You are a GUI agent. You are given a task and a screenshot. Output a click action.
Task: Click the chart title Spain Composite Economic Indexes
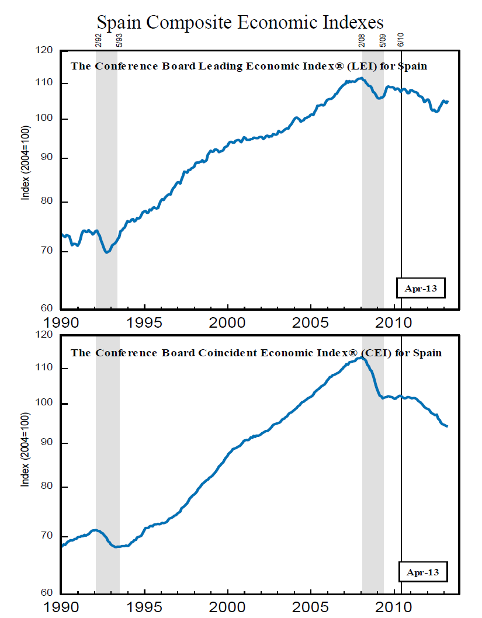pos(240,22)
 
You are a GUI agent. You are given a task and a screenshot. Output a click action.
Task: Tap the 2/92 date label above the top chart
pos(98,41)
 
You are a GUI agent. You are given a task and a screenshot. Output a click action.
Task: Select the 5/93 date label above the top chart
pos(119,41)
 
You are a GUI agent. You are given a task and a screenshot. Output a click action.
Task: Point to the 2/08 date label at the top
pos(362,41)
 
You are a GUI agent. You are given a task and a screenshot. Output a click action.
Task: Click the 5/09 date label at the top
pos(383,41)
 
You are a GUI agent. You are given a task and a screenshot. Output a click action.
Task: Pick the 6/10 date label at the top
pos(401,41)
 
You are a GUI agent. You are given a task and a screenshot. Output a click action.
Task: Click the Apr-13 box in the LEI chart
pos(421,288)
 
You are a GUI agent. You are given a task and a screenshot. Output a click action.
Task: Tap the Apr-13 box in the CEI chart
pos(422,572)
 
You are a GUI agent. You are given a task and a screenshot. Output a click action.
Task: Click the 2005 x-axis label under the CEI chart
pos(311,607)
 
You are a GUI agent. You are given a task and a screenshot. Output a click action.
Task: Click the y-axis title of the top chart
pos(26,162)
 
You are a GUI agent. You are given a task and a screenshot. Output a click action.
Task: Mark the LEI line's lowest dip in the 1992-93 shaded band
pos(106,252)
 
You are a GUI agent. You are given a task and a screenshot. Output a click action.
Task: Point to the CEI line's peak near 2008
pos(360,357)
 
